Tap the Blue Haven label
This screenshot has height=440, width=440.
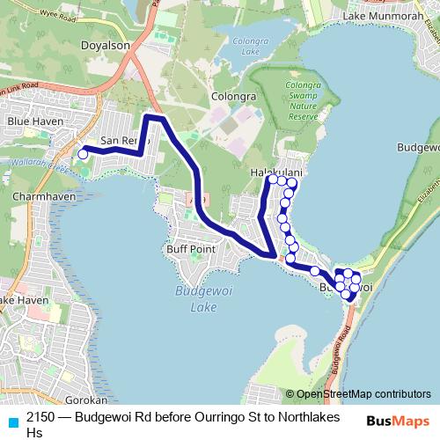(31, 120)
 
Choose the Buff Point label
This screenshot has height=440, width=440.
(191, 249)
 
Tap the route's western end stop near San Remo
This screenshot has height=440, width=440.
(83, 154)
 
